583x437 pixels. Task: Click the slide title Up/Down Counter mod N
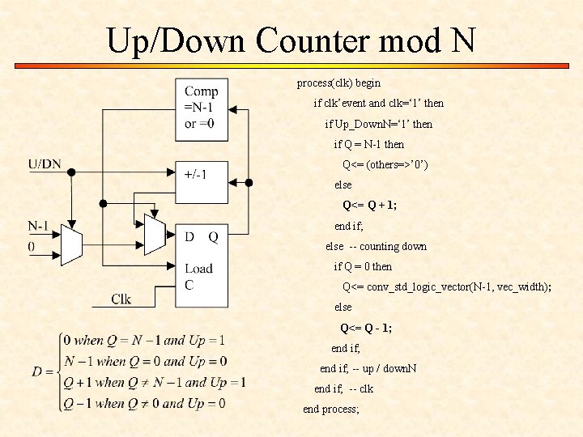pos(291,40)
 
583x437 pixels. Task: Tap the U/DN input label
pos(45,164)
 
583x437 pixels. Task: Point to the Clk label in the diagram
pos(121,299)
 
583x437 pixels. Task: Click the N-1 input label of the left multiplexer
pos(39,226)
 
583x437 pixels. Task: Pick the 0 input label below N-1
pos(32,245)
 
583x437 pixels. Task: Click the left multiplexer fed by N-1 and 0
pos(72,244)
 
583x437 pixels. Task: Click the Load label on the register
pos(198,269)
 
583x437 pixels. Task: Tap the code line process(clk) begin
pos(338,83)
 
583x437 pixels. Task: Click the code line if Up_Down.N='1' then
pos(378,124)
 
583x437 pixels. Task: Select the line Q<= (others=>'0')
pos(385,165)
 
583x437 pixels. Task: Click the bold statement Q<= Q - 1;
pos(366,328)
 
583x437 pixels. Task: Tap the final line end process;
pos(330,409)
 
